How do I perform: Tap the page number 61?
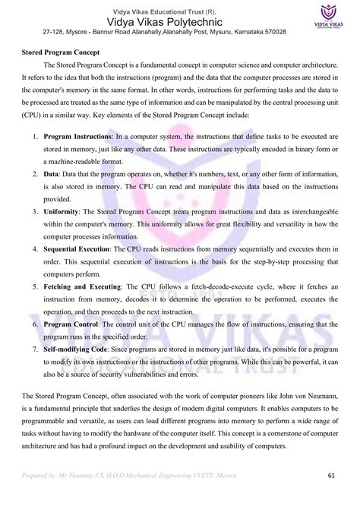click(x=332, y=476)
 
